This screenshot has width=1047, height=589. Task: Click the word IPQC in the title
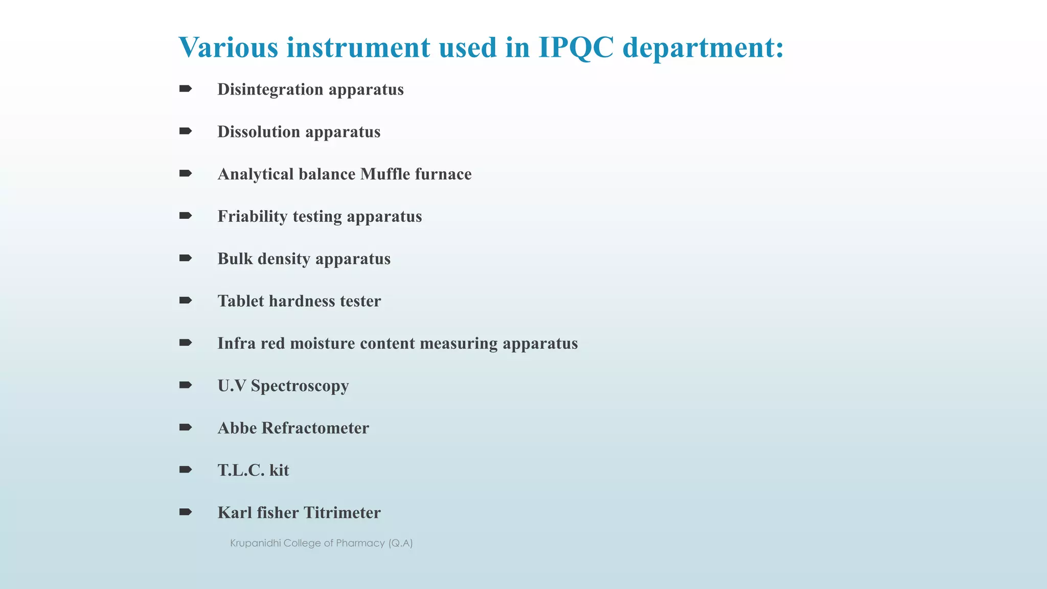(576, 48)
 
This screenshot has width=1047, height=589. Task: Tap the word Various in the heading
(228, 48)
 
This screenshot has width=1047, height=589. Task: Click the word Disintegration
(270, 89)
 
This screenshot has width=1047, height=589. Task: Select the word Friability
(253, 216)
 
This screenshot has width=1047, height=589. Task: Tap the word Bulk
(235, 259)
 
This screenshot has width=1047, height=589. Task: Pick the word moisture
(322, 343)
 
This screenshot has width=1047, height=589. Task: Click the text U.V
(232, 386)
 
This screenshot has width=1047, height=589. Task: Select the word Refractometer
(315, 428)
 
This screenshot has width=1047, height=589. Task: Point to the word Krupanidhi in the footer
(255, 543)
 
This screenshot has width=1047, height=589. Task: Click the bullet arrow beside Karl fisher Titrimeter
(186, 512)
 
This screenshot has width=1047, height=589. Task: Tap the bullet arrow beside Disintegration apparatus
(186, 89)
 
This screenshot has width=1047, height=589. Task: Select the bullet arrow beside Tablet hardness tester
(186, 300)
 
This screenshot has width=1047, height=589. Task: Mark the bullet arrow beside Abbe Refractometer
(186, 427)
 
